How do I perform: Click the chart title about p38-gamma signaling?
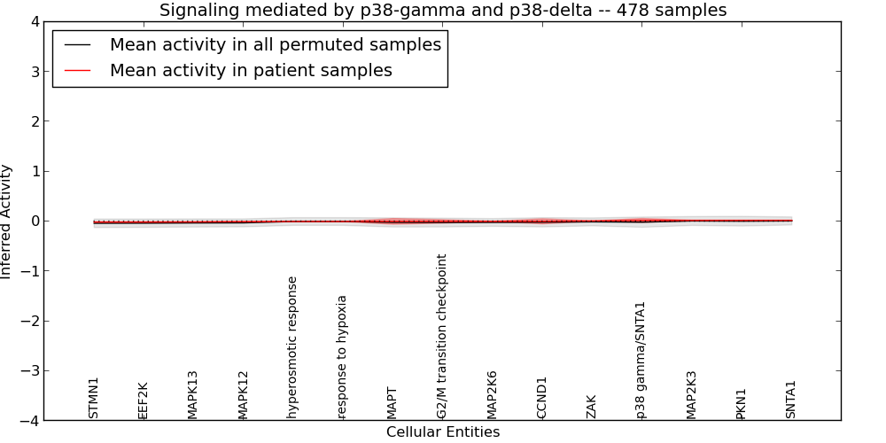pos(443,11)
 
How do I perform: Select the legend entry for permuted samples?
pos(275,44)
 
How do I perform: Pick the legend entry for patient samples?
pos(251,71)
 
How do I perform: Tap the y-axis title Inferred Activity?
pos(7,221)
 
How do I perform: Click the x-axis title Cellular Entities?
pos(443,432)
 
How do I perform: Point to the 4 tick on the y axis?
pos(34,22)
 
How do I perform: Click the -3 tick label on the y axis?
pos(30,371)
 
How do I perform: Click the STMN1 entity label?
pos(94,397)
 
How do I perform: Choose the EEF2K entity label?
pos(144,400)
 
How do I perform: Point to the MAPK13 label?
pos(193,394)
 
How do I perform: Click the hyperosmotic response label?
pos(292,346)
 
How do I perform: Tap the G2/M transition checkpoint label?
pos(442,336)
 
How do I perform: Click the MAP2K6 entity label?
pos(493,394)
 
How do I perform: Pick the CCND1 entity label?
pos(542,397)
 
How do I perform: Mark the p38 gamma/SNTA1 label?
pos(641,360)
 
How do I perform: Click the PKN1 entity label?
pos(742,403)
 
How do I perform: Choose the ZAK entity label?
pos(592,407)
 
